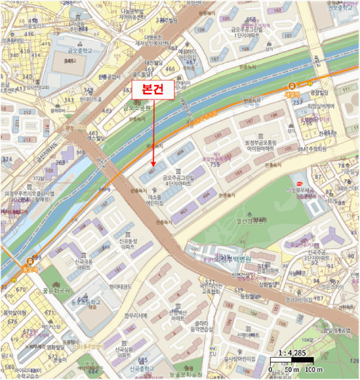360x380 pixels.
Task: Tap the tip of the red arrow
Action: [x=153, y=165]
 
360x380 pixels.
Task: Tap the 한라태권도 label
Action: [x=121, y=287]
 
